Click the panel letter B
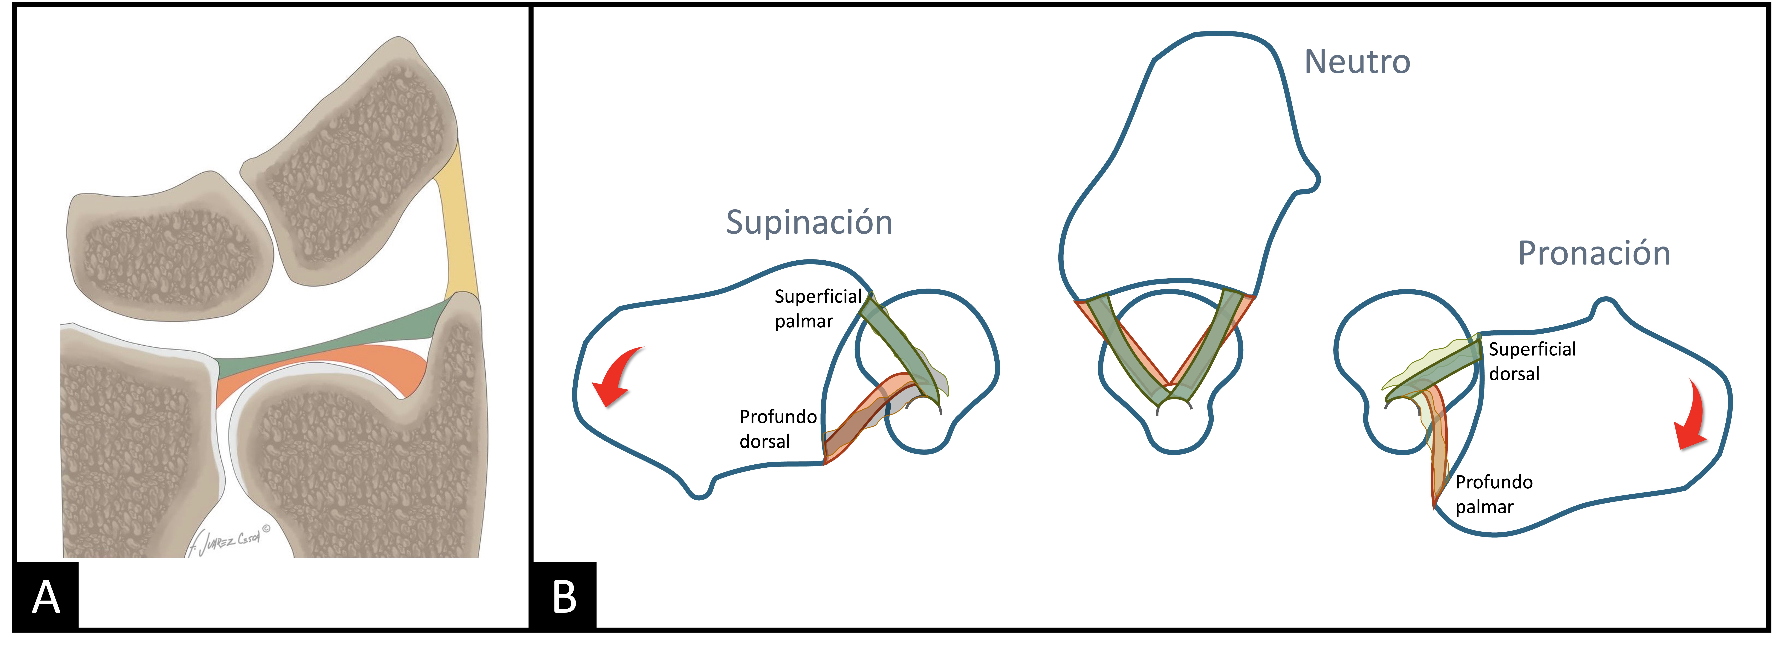point(564,596)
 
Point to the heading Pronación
point(1594,253)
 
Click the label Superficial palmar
point(817,308)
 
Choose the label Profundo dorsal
point(777,429)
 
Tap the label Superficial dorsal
point(1531,361)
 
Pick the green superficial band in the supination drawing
point(898,348)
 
